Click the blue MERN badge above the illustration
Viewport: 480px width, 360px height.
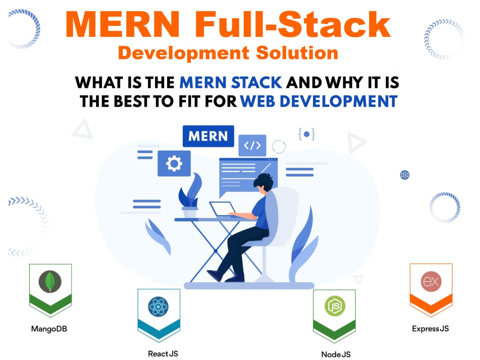coord(208,136)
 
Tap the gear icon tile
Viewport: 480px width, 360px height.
coord(174,163)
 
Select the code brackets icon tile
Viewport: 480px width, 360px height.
coord(252,145)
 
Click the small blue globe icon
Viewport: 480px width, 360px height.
coord(405,175)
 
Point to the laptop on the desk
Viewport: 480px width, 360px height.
coord(223,210)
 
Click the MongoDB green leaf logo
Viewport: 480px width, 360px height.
coord(50,281)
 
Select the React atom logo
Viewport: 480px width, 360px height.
coord(158,306)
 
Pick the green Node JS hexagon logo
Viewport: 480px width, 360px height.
coord(335,306)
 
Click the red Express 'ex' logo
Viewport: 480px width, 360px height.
coord(431,281)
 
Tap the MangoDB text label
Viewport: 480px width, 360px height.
coord(49,329)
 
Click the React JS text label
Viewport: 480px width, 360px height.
coord(163,354)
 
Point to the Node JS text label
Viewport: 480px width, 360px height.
coord(336,354)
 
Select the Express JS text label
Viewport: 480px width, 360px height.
coord(431,329)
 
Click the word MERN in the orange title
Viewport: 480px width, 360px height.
coord(122,24)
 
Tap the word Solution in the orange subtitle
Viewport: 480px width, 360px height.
coord(297,53)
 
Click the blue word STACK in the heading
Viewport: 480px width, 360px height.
coord(256,83)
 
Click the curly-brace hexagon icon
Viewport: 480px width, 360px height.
coord(306,134)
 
